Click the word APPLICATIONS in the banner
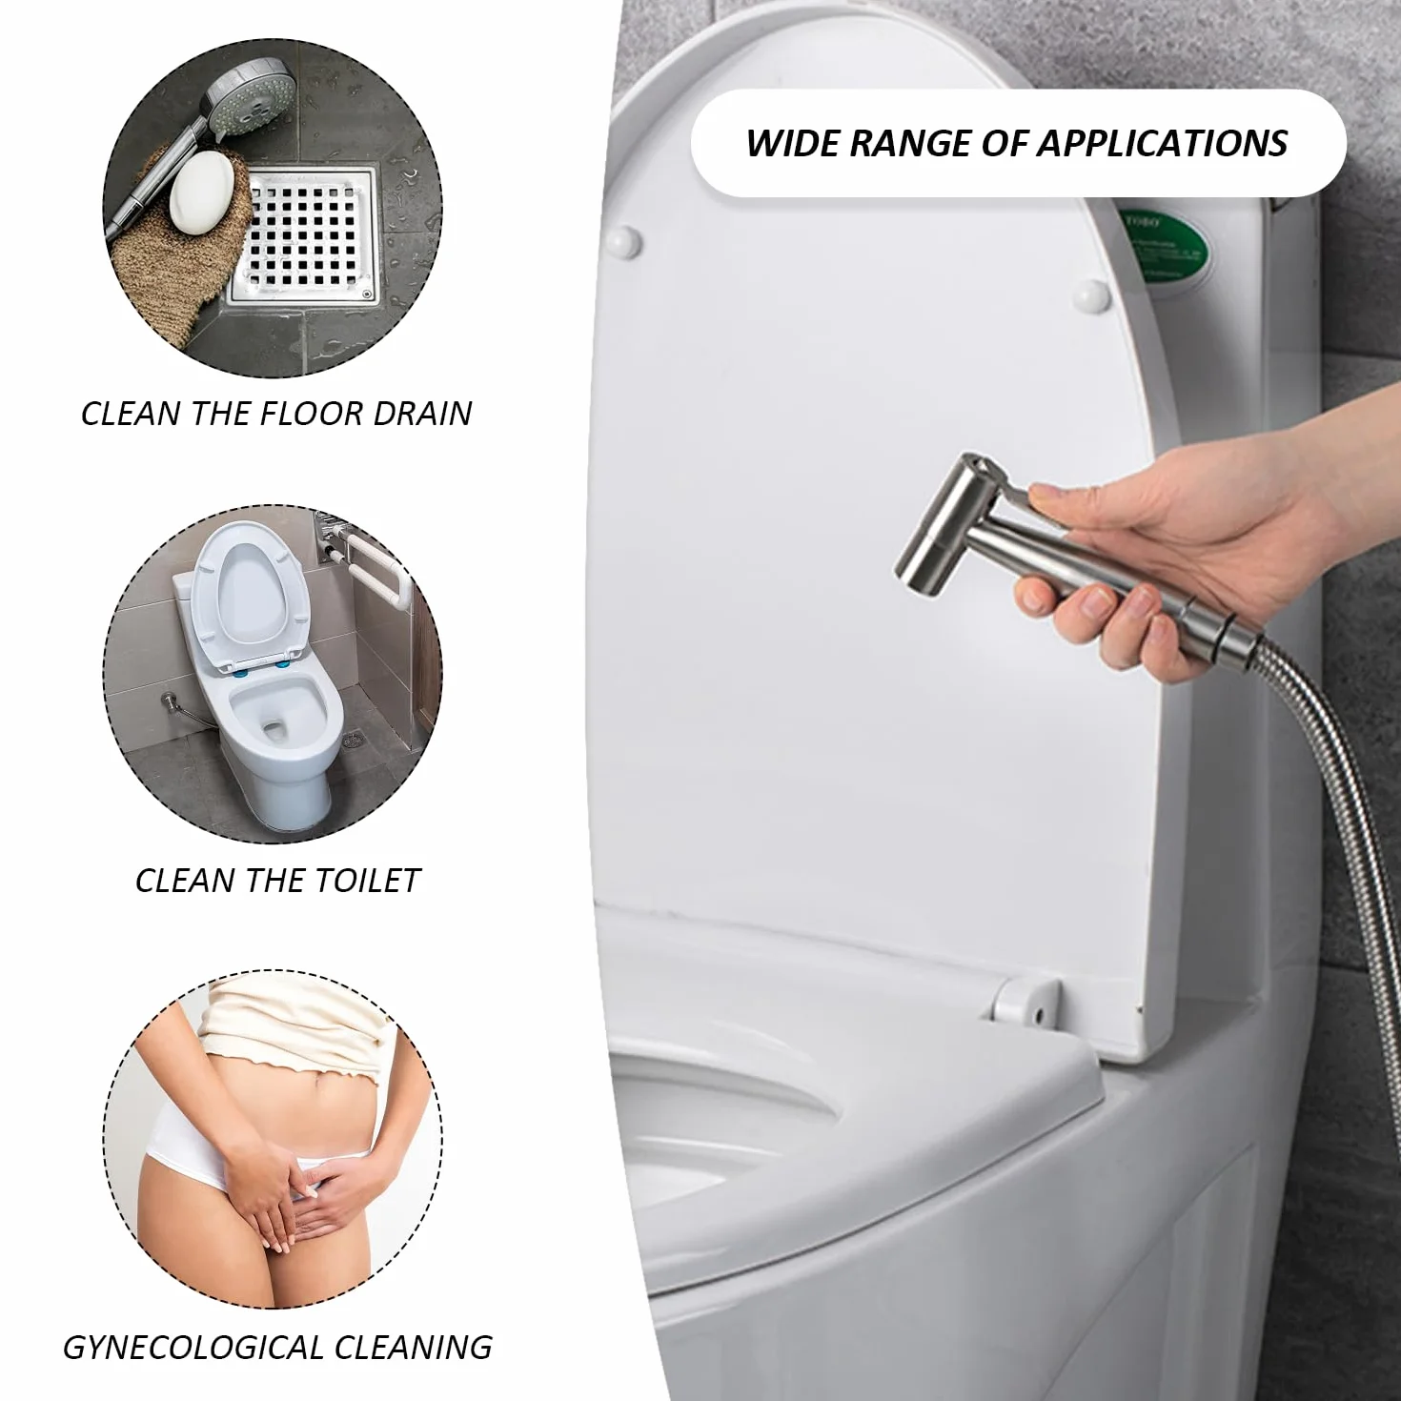coord(1162,143)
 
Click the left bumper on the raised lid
coord(624,241)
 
